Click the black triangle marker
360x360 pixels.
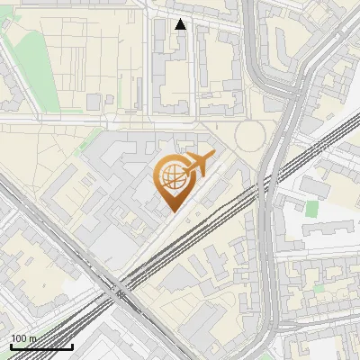[181, 24]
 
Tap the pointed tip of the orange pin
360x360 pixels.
[173, 211]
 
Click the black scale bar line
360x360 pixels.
[40, 346]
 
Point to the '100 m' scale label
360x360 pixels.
[24, 338]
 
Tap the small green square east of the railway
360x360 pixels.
[312, 209]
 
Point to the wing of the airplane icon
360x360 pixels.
[202, 159]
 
